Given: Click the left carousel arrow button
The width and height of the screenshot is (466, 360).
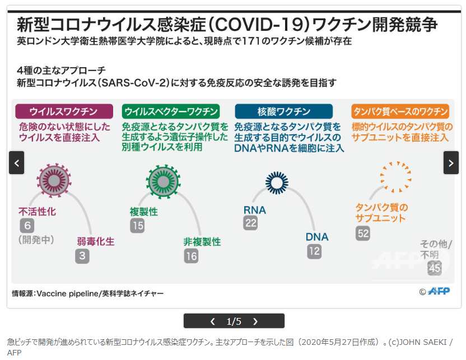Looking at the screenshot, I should coord(17,163).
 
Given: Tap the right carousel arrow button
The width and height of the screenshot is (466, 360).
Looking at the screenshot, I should coord(451,163).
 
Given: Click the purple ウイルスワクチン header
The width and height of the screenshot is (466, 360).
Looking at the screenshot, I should coord(64,111).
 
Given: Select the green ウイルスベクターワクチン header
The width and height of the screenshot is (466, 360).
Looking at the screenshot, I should coord(171,111).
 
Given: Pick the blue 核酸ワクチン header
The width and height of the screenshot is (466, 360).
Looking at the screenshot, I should coord(283,111).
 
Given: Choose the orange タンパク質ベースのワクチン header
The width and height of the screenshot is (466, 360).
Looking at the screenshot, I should coord(400,111).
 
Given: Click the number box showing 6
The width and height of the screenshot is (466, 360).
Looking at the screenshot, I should coord(27,226).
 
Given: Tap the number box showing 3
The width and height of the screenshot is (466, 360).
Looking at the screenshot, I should coord(82,256).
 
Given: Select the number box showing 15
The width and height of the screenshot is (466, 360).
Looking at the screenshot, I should coord(137,226).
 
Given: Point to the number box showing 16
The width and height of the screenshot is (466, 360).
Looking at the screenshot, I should coord(191,256).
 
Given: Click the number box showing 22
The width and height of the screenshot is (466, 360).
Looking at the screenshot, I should coord(250,223).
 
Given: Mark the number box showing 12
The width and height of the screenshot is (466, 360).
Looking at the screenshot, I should coord(314,251).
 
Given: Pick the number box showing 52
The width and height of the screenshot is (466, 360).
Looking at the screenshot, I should coord(363,233).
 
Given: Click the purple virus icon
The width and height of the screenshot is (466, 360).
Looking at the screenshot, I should coord(54,180).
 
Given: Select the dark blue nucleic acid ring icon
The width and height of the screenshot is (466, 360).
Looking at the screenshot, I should coord(276,182).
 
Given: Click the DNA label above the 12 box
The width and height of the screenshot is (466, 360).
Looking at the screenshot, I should coord(317,237).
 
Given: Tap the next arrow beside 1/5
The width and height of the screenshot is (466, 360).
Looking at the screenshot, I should coord(255,321).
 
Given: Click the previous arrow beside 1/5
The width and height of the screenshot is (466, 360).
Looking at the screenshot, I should coord(212,321).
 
